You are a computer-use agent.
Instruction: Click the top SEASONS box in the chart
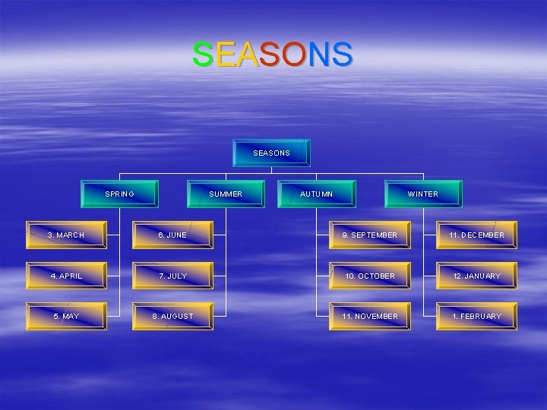[x=271, y=153]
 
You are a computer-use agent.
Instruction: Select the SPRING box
[x=120, y=194]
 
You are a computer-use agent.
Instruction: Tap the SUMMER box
[x=226, y=194]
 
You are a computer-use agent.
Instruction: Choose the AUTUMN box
[x=316, y=194]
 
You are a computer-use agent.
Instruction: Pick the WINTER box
[x=423, y=194]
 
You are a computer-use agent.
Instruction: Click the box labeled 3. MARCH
[x=66, y=235]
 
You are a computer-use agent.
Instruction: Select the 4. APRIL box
[x=66, y=276]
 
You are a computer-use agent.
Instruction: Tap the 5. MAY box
[x=66, y=316]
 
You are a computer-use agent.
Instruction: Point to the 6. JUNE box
[x=172, y=235]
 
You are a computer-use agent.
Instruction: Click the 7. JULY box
[x=172, y=276]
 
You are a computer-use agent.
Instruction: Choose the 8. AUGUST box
[x=172, y=316]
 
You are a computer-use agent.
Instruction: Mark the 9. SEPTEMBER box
[x=370, y=235]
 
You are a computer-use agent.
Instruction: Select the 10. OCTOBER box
[x=370, y=276]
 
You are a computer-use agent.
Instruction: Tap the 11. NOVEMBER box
[x=370, y=316]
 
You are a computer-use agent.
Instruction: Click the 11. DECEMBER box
[x=476, y=235]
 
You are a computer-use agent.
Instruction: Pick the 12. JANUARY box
[x=476, y=276]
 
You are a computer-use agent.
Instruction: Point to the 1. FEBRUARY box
[x=476, y=316]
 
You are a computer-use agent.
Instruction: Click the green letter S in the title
[x=202, y=55]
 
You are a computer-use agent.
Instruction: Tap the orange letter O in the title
[x=295, y=55]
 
